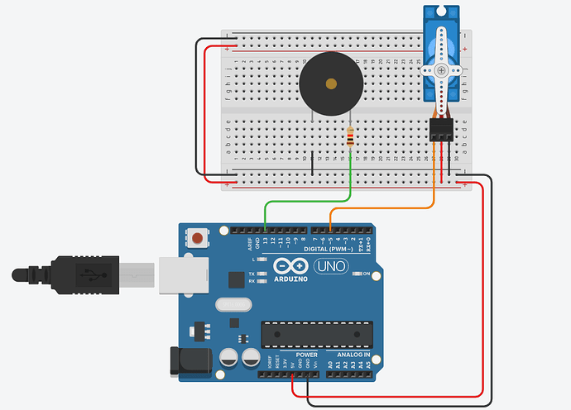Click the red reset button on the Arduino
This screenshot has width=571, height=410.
[197, 239]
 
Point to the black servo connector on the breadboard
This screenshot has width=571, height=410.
[441, 128]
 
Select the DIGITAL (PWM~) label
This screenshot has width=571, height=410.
[331, 249]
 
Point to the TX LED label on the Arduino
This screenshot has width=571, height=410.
[250, 274]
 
